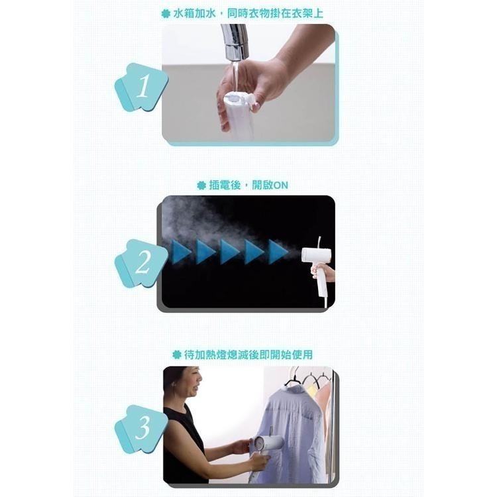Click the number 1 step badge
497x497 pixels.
tap(141, 87)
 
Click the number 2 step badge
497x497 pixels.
tap(141, 263)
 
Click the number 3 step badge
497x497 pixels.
tap(141, 428)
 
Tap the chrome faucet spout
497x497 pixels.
tap(234, 42)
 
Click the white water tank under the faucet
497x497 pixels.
tap(240, 117)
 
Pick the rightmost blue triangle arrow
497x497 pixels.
tap(278, 252)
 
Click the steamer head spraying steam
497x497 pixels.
tap(315, 256)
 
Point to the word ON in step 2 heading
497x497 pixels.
tap(281, 186)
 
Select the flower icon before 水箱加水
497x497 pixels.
tap(166, 14)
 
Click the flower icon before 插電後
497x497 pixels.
tap(201, 186)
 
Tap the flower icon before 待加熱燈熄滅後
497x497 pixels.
tap(176, 355)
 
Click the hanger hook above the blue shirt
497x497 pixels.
tap(295, 374)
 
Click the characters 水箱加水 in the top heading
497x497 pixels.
tap(195, 14)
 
